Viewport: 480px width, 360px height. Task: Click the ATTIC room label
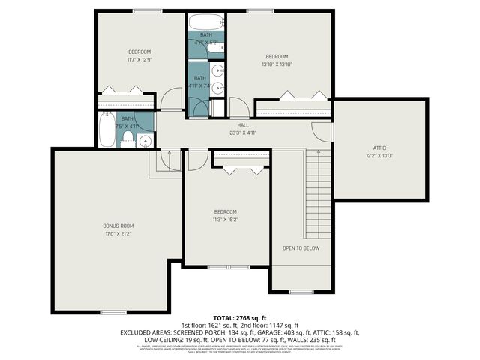tap(380, 148)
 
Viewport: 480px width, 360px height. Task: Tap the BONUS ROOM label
tap(118, 226)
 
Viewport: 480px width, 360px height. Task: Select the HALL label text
tap(242, 125)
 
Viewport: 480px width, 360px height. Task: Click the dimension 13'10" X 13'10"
tap(277, 64)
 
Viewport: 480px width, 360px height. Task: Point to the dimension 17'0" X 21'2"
tap(118, 234)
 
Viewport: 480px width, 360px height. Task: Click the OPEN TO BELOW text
tap(301, 247)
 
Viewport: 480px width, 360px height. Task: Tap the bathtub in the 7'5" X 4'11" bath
tap(106, 130)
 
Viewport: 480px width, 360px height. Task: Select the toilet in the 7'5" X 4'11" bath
tap(127, 142)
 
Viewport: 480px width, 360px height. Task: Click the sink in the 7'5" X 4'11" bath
tap(145, 140)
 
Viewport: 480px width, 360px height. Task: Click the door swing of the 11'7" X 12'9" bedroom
tap(171, 99)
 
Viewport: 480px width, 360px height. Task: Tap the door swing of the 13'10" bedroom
tap(239, 107)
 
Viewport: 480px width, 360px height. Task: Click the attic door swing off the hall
tap(322, 130)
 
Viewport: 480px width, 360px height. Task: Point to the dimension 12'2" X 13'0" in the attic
tap(380, 156)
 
